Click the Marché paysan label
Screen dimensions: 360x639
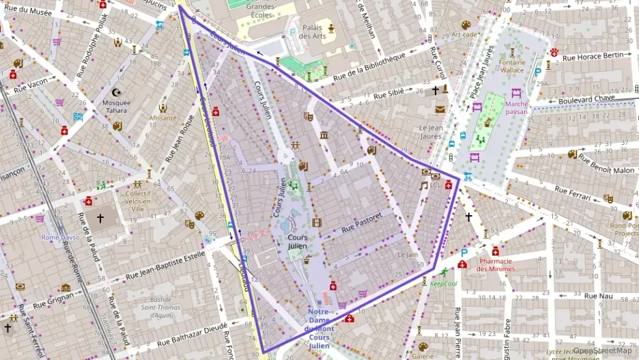coord(517,108)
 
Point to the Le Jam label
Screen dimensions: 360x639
coord(407,255)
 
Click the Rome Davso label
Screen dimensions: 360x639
coord(60,238)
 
